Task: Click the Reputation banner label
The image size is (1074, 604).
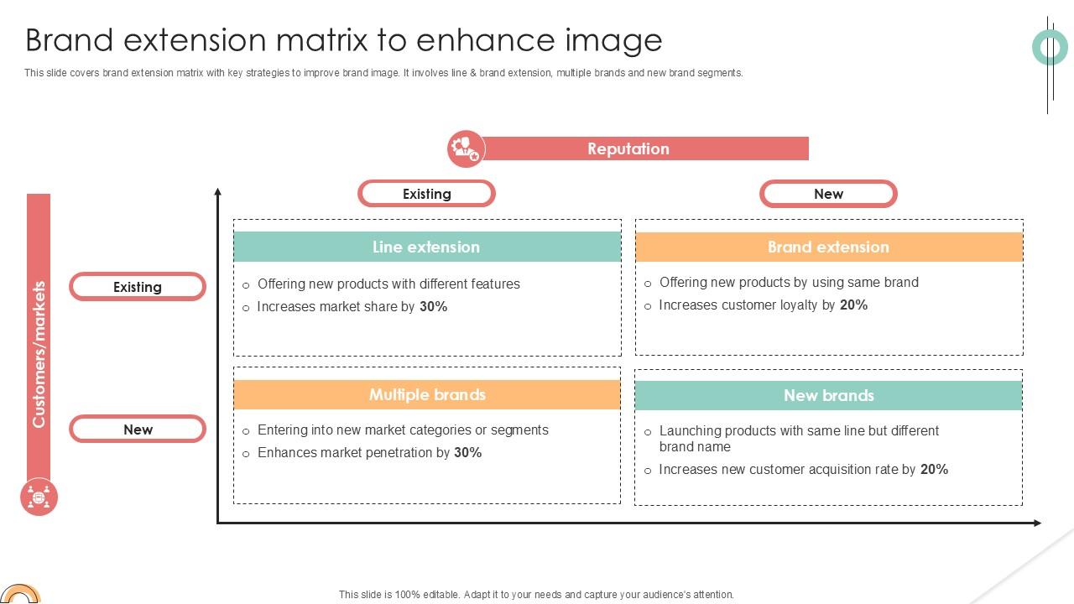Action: (x=628, y=148)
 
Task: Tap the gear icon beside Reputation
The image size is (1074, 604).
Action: (x=466, y=148)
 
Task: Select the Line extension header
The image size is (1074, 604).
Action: (x=426, y=247)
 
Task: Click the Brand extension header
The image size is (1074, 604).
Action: (x=828, y=247)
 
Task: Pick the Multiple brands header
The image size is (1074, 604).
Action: (x=427, y=394)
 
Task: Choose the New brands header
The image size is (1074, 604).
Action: (x=828, y=395)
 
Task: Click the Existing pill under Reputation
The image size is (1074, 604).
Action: (x=426, y=194)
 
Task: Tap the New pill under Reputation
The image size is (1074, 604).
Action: (x=828, y=194)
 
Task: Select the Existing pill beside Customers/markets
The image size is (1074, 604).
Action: (x=138, y=287)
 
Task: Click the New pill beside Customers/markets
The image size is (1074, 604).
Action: (x=138, y=430)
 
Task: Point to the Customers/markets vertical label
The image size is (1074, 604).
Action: (x=39, y=354)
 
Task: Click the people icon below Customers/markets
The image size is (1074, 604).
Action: (x=39, y=497)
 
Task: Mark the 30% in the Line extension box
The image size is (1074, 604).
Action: (x=433, y=307)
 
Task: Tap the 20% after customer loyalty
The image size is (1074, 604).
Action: (x=853, y=305)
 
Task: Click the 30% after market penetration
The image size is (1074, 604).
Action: (x=467, y=453)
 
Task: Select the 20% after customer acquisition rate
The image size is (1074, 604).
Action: (x=934, y=470)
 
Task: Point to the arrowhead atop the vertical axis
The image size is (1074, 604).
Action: (x=218, y=193)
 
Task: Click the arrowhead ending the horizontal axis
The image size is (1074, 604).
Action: (x=1037, y=523)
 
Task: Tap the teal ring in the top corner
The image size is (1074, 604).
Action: (x=1050, y=47)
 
